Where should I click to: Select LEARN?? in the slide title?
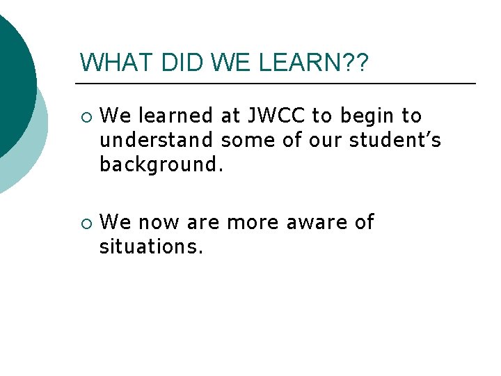315,63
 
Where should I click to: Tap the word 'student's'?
395,140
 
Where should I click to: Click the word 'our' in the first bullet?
326,140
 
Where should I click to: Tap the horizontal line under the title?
278,84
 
